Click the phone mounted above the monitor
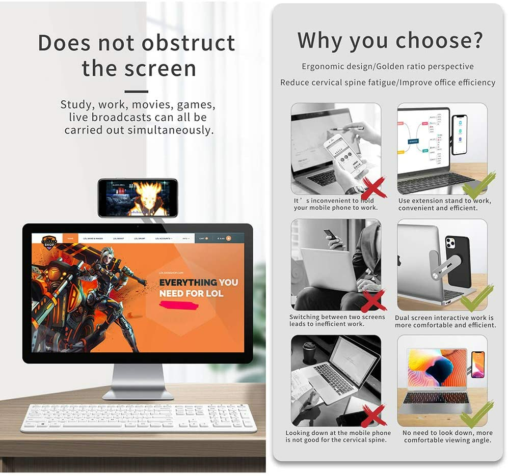click(x=137, y=197)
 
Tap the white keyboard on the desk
click(x=137, y=417)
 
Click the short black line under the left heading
click(x=136, y=92)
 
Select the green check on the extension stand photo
click(x=478, y=186)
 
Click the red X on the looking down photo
click(x=373, y=416)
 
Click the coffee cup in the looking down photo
click(x=310, y=352)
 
